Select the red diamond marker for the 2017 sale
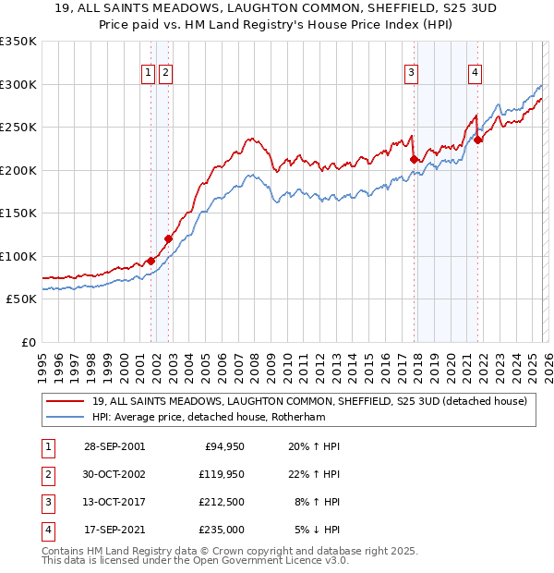414,159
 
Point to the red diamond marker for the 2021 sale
478,140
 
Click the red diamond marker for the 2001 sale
151,261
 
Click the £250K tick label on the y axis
18,127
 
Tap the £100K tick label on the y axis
18,256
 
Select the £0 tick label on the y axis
28,342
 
